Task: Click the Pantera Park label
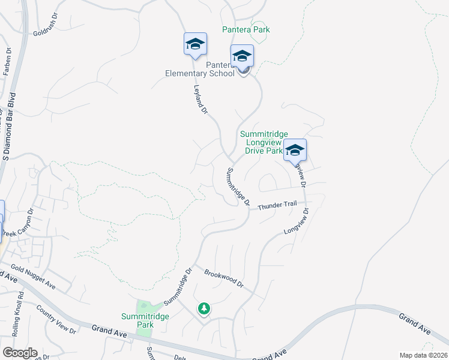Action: [246, 29]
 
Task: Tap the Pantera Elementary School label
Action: [200, 69]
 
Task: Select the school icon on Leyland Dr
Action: [195, 44]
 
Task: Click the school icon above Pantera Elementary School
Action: [242, 56]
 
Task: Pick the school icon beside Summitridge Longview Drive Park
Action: [295, 150]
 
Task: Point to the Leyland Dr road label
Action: [200, 100]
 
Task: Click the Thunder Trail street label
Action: [277, 205]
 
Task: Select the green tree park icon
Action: [205, 308]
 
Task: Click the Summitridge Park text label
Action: [145, 320]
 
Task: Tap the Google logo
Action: [19, 353]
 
